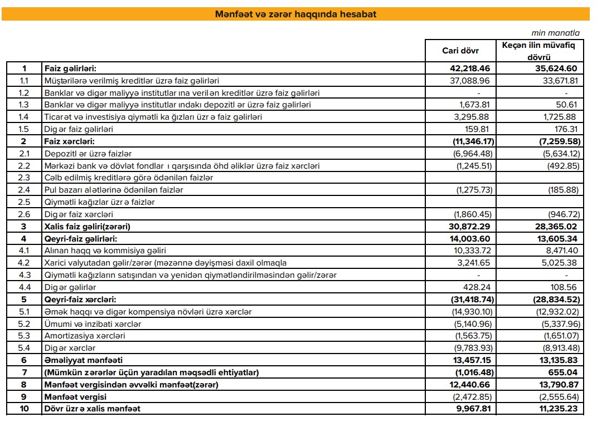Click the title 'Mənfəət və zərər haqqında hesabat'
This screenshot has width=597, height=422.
click(295, 14)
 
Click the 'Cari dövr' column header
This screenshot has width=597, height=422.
click(460, 50)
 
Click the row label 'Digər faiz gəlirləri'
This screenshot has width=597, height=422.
click(78, 129)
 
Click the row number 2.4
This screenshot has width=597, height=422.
click(24, 190)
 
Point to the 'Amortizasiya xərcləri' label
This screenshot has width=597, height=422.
click(85, 336)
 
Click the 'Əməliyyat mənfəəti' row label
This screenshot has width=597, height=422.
click(84, 360)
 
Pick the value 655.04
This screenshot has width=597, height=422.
click(563, 372)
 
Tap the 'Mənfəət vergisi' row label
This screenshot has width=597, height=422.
click(75, 396)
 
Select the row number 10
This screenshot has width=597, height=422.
click(24, 409)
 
